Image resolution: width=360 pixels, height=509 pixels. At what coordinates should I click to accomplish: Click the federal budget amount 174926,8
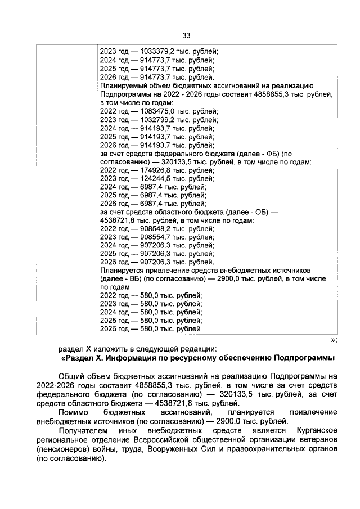pos(157,170)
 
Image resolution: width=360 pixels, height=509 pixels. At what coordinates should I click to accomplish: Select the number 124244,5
pos(157,178)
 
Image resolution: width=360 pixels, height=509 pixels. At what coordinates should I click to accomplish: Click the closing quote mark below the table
pos(332,340)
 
